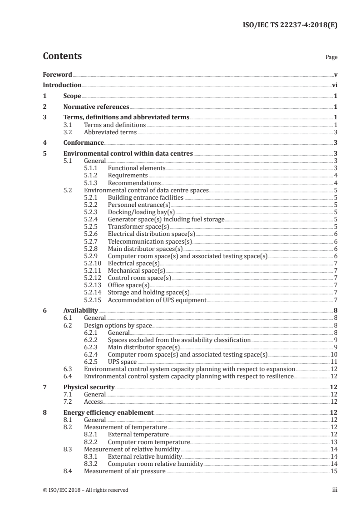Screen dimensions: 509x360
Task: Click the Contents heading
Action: pos(62,56)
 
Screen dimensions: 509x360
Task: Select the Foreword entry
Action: pos(57,74)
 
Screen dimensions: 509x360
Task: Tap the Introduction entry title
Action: pos(62,85)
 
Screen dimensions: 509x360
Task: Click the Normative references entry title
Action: pos(96,107)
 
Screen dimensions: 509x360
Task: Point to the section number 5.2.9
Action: pos(91,256)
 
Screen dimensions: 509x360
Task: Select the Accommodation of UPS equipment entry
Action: pos(157,300)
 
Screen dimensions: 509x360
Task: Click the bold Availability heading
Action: pos(80,311)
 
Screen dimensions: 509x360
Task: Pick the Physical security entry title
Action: pos(89,387)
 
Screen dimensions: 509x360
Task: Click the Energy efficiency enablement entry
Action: pos(108,413)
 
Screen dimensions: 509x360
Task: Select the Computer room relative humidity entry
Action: pos(155,464)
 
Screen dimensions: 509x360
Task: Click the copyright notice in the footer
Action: pos(85,490)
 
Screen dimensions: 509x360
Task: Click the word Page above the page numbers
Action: pos(331,58)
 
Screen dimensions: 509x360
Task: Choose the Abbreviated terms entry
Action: pos(110,132)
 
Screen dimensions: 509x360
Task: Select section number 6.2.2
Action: pos(91,340)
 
